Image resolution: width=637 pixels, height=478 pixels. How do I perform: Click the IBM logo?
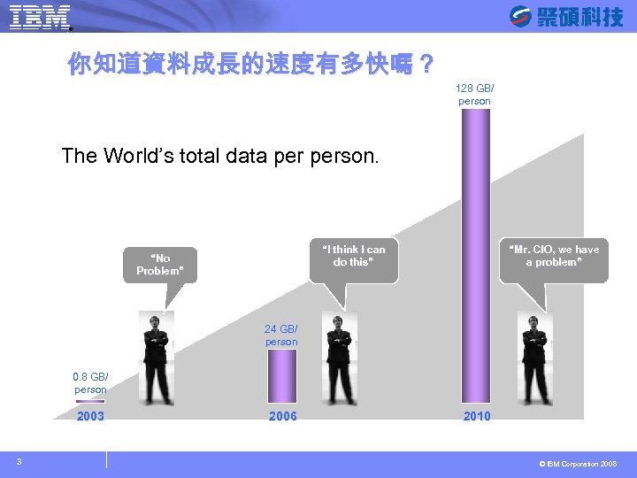click(39, 17)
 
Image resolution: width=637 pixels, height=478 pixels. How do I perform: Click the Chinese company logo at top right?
click(566, 16)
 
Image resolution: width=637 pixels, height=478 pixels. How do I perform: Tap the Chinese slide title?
click(251, 64)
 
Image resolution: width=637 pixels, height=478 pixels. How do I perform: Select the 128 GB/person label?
click(474, 95)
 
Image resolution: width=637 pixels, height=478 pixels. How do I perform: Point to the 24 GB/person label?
click(281, 335)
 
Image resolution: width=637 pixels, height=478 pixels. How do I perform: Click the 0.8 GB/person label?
click(90, 383)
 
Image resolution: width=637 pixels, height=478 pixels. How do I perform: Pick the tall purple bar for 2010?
click(475, 257)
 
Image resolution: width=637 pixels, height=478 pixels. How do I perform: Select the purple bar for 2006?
click(282, 375)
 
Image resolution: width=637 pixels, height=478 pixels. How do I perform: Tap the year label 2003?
click(90, 416)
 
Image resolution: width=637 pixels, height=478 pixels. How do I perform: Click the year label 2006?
click(283, 416)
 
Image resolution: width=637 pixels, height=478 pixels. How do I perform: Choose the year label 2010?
click(477, 416)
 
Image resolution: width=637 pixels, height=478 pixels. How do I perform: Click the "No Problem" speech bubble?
click(160, 265)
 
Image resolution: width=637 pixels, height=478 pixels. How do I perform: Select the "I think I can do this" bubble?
click(353, 256)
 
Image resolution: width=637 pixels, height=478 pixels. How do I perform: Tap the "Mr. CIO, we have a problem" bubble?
click(554, 256)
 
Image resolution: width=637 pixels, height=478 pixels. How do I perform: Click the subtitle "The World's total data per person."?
click(220, 157)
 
